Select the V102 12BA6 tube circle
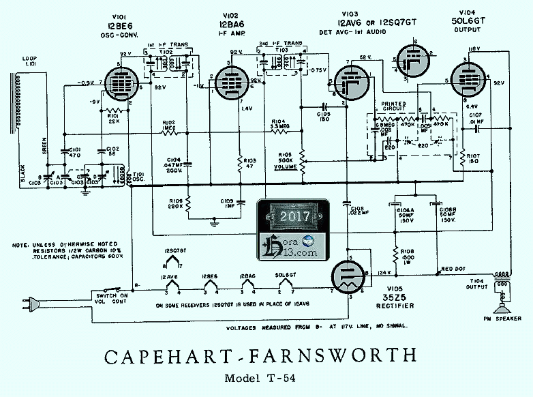[228, 85]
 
